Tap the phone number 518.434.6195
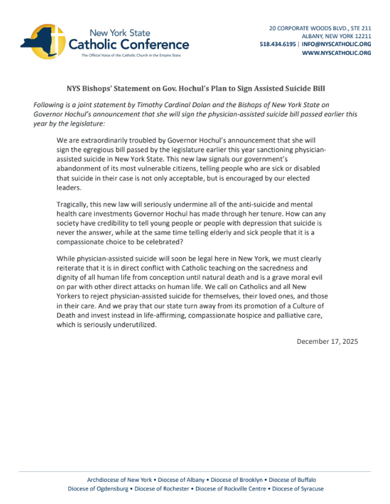[278, 44]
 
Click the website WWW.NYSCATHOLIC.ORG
[336, 53]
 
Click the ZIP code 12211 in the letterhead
[362, 36]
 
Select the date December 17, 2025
[327, 341]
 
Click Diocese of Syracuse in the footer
[298, 489]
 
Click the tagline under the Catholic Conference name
[131, 55]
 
